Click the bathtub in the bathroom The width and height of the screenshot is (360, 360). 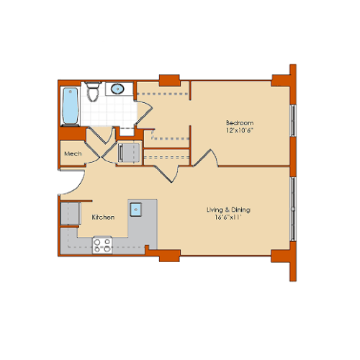69,105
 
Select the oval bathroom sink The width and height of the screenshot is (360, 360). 118,89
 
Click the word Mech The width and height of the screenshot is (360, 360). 72,154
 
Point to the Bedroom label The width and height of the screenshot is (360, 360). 240,123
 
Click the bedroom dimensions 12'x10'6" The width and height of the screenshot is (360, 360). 240,130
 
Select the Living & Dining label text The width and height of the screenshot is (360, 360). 228,210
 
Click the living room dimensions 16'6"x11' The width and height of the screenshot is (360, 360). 228,217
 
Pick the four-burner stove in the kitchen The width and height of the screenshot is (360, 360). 102,245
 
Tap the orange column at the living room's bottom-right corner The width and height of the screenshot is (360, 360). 282,256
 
